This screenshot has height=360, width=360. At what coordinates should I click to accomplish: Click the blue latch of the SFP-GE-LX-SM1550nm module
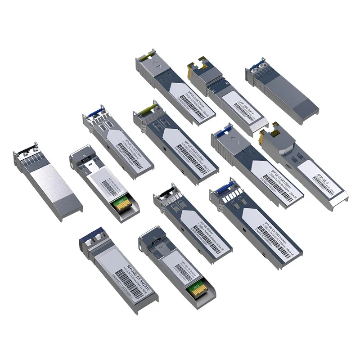pyautogui.click(x=223, y=133)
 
